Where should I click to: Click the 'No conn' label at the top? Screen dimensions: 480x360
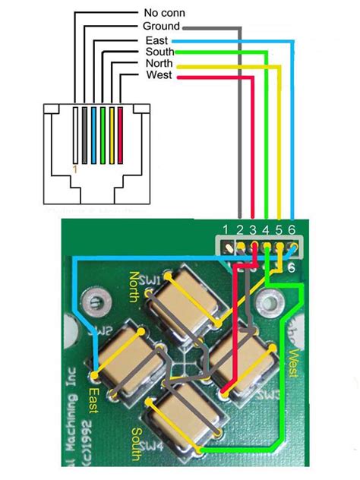tap(163, 13)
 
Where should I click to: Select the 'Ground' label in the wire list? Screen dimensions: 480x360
tap(160, 27)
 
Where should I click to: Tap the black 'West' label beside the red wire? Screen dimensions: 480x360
tap(158, 76)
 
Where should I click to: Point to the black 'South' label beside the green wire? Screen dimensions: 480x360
tap(159, 52)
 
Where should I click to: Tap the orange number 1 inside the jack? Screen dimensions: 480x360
tap(74, 169)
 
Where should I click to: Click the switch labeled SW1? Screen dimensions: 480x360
tap(184, 304)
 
